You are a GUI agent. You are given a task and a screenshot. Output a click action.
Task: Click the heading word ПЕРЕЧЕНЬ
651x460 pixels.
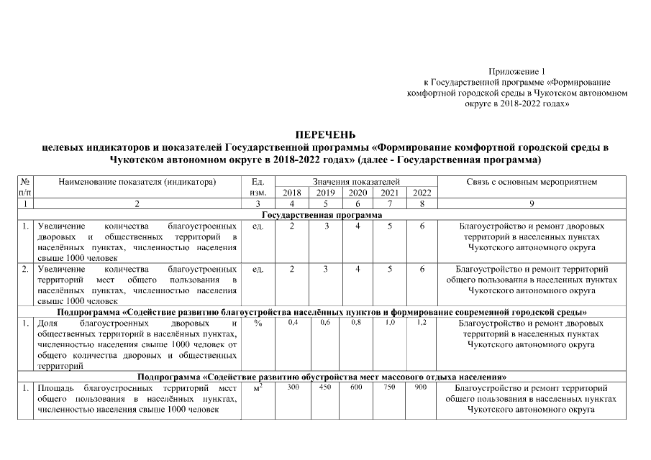pos(326,134)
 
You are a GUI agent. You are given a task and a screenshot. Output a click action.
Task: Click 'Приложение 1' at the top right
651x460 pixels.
pos(517,71)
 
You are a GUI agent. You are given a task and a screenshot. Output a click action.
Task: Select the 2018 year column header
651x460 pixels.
pos(292,193)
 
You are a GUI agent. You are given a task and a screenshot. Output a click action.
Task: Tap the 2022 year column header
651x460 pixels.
pos(422,193)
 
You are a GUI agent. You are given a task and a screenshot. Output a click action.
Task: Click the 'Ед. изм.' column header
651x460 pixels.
pos(258,188)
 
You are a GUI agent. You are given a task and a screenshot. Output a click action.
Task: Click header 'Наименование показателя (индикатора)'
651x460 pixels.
pos(138,183)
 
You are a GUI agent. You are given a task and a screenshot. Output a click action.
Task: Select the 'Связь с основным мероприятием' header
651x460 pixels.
pos(532,183)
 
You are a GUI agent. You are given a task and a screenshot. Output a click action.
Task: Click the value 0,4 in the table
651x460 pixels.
pos(293,323)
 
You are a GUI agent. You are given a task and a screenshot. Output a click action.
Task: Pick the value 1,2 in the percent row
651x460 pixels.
pos(422,323)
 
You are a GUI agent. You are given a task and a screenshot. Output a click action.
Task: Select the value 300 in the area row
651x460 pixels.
pos(293,387)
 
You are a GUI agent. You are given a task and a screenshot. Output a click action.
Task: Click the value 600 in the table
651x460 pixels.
pos(357,387)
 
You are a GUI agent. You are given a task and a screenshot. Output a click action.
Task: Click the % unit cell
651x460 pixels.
pos(258,324)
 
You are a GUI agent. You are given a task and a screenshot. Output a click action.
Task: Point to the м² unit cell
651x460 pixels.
pos(258,388)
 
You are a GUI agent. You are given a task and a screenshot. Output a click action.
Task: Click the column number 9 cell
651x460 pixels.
pos(532,204)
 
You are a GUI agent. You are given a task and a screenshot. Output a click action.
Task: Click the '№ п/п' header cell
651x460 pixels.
pos(25,188)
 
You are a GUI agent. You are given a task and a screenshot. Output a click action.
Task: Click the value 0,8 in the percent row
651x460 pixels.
pos(357,323)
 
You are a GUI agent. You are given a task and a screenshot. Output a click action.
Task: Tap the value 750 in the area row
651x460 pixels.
pos(389,387)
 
